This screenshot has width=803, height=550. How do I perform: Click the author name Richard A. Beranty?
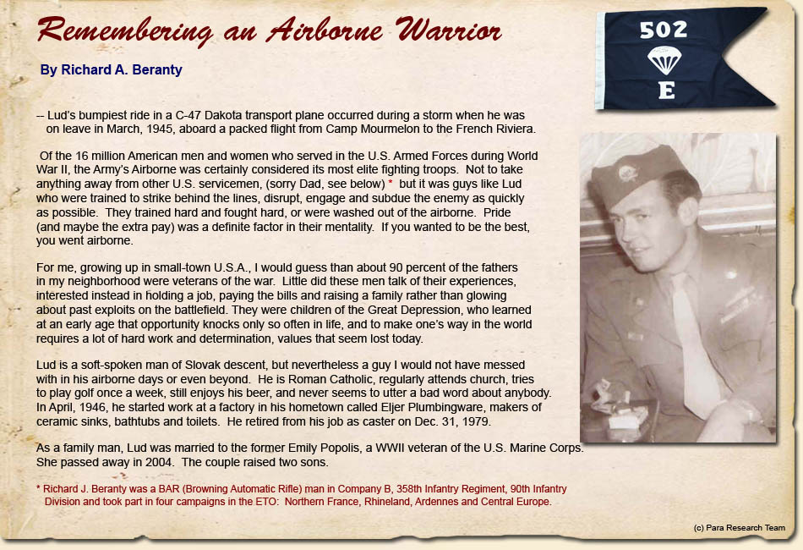(111, 70)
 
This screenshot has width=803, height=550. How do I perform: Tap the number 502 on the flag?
(664, 30)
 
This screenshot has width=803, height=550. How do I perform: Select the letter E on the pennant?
(666, 91)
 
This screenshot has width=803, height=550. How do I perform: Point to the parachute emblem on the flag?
(664, 60)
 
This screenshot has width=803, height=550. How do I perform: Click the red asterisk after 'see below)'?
(391, 184)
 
